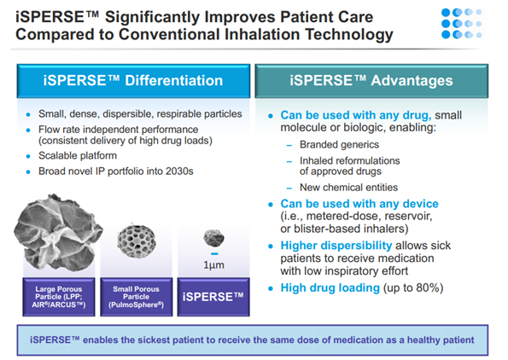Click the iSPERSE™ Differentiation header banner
pyautogui.click(x=133, y=81)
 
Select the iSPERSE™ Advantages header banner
pyautogui.click(x=371, y=81)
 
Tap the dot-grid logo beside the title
pyautogui.click(x=462, y=23)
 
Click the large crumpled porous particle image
pyautogui.click(x=58, y=232)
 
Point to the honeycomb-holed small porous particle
pyautogui.click(x=137, y=241)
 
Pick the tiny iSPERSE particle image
pyautogui.click(x=213, y=238)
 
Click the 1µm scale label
pyautogui.click(x=213, y=264)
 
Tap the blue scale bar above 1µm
pyautogui.click(x=214, y=254)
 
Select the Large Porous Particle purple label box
pyautogui.click(x=59, y=297)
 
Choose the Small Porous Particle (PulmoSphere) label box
pyautogui.click(x=137, y=297)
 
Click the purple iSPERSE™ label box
pyautogui.click(x=213, y=297)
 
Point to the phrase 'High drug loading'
pyautogui.click(x=330, y=287)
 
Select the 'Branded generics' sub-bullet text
pyautogui.click(x=339, y=144)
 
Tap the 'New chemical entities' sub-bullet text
pyautogui.click(x=348, y=187)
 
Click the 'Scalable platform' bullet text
pyautogui.click(x=78, y=156)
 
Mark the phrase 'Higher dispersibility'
pyautogui.click(x=336, y=246)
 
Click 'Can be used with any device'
pyautogui.click(x=359, y=204)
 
